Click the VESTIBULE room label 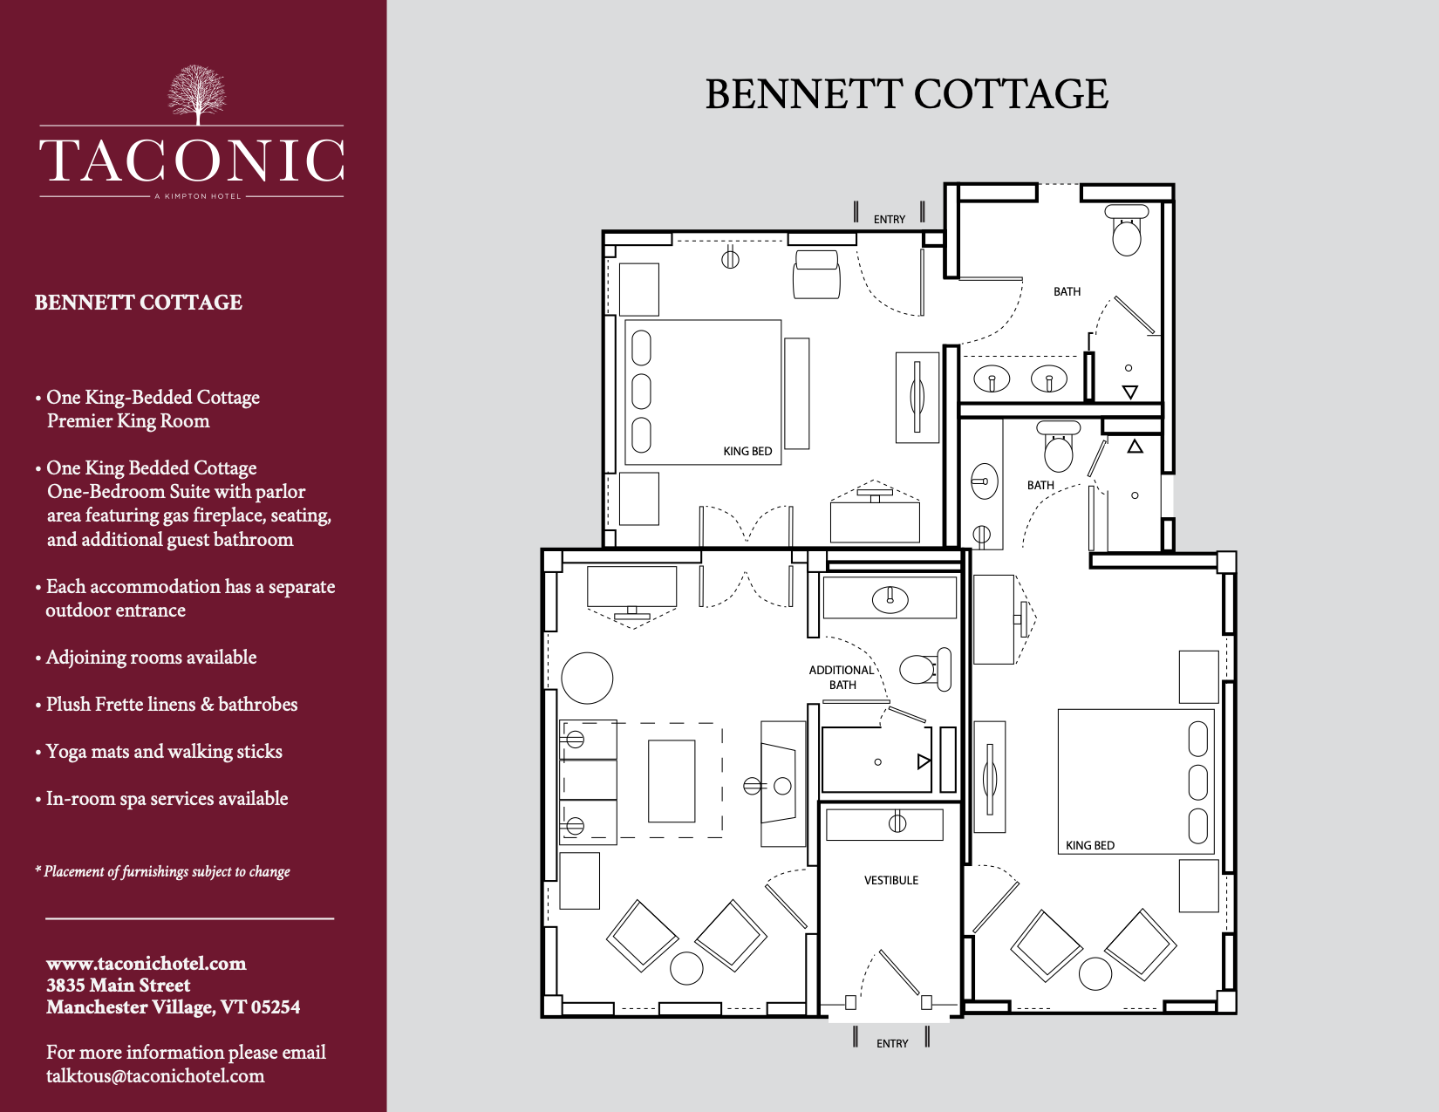point(890,880)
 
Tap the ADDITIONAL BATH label point(841,678)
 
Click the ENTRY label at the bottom point(892,1044)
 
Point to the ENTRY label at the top point(889,219)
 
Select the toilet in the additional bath point(926,669)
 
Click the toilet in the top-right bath point(1127,229)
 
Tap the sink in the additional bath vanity point(890,599)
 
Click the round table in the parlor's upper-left point(587,678)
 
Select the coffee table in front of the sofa point(672,781)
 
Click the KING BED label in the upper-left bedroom point(747,452)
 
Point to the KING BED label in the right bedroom point(1089,846)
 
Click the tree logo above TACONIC point(197,95)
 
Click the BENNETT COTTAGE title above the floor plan point(907,94)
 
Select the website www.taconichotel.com point(147,964)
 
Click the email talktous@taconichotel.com point(155,1075)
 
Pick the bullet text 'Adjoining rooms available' point(151,657)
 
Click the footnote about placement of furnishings point(162,871)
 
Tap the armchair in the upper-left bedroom point(816,274)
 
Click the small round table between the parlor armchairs point(686,968)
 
